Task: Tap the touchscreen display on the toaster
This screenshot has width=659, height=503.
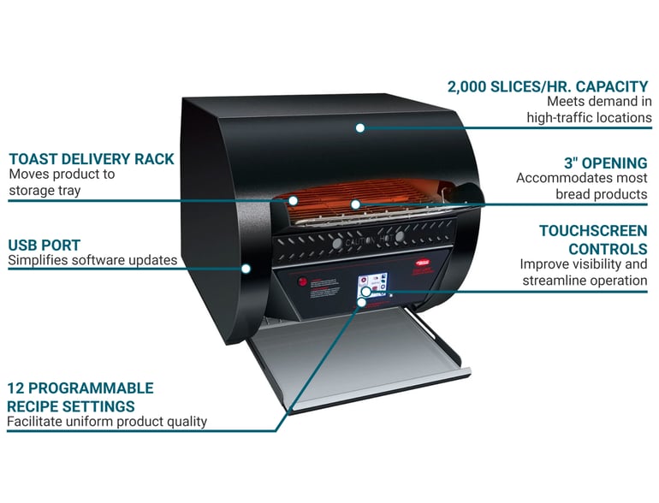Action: (x=372, y=285)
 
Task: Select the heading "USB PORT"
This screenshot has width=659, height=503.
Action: (x=45, y=246)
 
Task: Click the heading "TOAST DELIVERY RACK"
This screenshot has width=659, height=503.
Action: (x=92, y=159)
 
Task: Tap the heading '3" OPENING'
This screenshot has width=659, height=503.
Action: (x=605, y=163)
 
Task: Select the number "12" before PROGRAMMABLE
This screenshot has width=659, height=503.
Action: (x=16, y=388)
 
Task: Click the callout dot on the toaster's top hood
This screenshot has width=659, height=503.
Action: (x=360, y=127)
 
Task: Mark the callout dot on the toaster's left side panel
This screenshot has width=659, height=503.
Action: (x=246, y=268)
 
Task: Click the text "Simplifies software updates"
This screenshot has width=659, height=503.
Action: (x=92, y=260)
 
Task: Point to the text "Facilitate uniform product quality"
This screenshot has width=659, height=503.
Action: (x=107, y=421)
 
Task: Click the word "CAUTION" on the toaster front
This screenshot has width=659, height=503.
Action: (x=360, y=242)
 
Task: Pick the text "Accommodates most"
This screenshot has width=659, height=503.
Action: (x=581, y=178)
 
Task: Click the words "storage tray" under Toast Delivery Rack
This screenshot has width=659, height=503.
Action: (x=45, y=190)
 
